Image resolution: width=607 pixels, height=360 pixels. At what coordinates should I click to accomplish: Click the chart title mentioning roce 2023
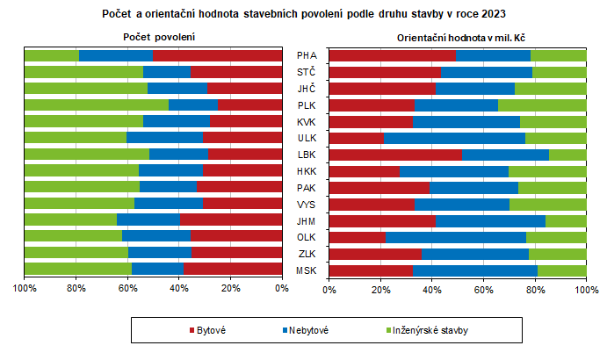303,15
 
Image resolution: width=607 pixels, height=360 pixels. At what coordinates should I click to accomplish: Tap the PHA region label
307,56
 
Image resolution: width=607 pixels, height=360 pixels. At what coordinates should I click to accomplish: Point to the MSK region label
307,270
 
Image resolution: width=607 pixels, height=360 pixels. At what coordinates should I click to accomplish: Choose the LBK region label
307,155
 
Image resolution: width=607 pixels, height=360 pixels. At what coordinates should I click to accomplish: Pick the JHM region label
307,220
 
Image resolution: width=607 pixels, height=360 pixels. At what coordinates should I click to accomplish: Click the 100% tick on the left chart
24,287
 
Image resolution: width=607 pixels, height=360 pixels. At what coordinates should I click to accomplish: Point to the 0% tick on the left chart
281,287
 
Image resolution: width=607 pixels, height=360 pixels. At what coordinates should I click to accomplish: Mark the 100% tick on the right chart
586,287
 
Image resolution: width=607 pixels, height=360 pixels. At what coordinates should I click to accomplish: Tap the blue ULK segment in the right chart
454,138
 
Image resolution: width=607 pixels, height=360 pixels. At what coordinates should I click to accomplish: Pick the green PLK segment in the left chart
97,105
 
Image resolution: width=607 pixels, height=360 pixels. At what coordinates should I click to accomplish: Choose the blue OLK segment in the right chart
456,237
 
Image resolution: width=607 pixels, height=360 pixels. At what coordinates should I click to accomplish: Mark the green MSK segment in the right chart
561,270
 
